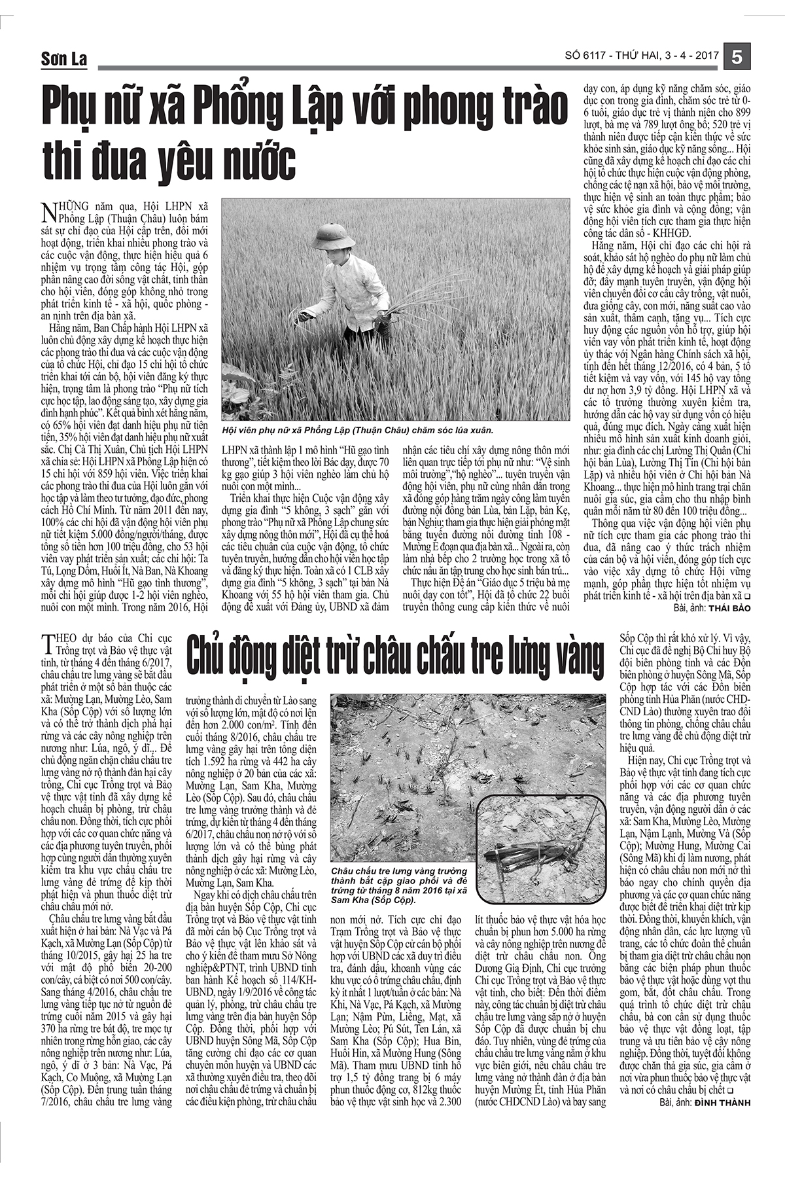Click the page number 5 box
pyautogui.click(x=737, y=57)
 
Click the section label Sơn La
pyautogui.click(x=63, y=60)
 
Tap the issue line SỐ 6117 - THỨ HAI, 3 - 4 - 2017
pyautogui.click(x=641, y=58)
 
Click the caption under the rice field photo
pyautogui.click(x=357, y=430)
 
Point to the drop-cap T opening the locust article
pyautogui.click(x=46, y=644)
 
